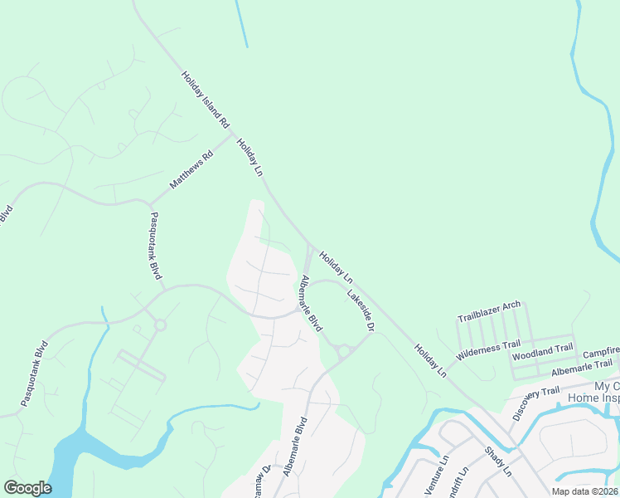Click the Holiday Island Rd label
tap(205, 100)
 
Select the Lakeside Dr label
tap(361, 310)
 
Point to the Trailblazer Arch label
tap(489, 312)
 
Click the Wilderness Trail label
tap(488, 349)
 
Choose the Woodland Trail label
tap(543, 353)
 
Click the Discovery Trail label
tap(530, 403)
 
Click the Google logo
tap(27, 488)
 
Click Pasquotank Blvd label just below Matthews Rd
tap(154, 246)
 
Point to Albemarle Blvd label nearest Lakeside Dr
tap(311, 304)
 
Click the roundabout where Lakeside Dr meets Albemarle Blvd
tap(343, 350)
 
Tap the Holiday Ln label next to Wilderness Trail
tap(430, 363)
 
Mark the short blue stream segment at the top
tap(241, 23)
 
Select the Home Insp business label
tap(593, 398)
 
